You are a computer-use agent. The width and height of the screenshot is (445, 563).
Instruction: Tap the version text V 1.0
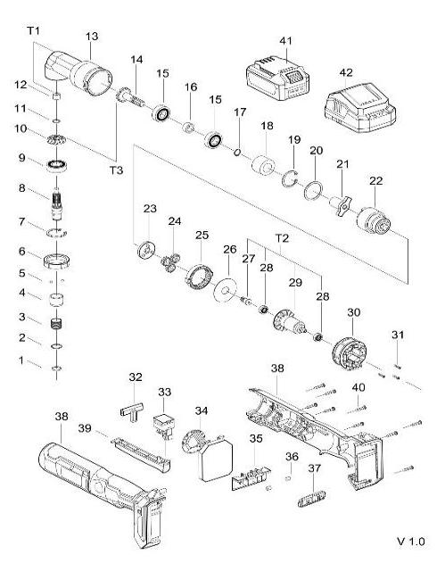tap(411, 541)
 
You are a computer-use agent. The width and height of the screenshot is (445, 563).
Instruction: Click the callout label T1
tap(34, 31)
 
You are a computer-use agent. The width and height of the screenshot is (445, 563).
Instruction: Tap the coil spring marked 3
tap(58, 319)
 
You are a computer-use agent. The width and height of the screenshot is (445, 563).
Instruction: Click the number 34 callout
tap(202, 410)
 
